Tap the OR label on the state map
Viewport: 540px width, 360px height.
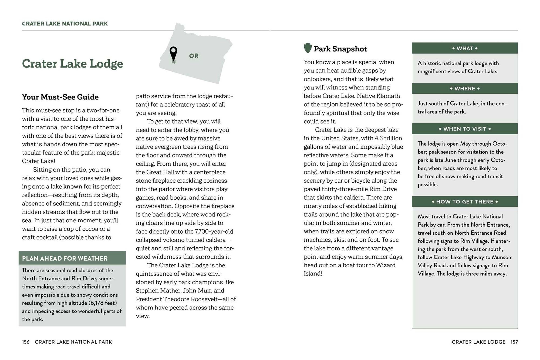[x=194, y=56]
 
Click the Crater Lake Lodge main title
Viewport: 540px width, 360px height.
[x=72, y=64]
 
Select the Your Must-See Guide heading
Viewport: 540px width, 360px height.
[x=60, y=97]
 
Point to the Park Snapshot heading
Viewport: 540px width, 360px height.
[x=340, y=49]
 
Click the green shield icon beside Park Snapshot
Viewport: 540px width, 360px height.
[x=308, y=48]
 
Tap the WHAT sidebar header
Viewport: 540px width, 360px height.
[x=465, y=48]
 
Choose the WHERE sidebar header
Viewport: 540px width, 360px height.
[x=465, y=89]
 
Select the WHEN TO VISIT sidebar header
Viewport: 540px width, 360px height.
[x=465, y=129]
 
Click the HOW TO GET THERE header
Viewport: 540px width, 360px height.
[x=465, y=202]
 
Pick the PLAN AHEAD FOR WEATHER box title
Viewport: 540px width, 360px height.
[x=65, y=258]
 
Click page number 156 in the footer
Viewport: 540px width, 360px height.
[x=26, y=342]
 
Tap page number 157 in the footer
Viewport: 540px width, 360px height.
[x=514, y=342]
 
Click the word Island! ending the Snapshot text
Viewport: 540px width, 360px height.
[x=313, y=274]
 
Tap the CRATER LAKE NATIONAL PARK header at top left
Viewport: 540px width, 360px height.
[x=65, y=23]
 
